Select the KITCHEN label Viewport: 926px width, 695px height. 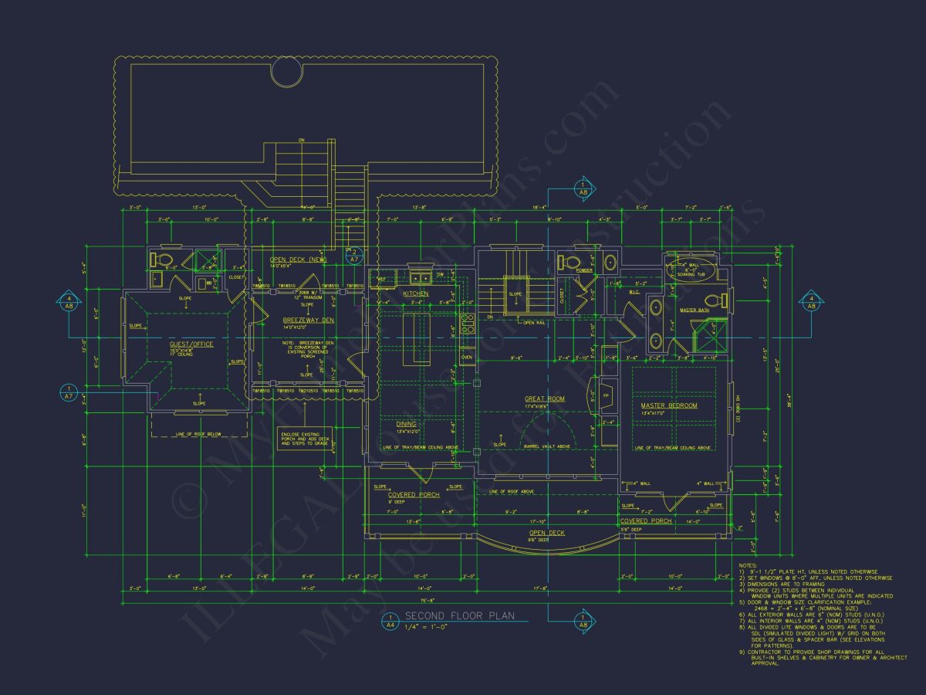415,294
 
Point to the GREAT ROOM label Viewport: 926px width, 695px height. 545,399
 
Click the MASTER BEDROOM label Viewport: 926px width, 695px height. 668,405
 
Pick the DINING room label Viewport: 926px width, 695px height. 407,424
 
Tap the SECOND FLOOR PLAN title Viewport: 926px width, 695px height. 460,616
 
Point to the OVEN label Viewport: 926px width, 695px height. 466,358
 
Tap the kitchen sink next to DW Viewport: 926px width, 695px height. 421,276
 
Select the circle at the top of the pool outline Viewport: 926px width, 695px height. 287,74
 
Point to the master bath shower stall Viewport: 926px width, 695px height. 708,337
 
